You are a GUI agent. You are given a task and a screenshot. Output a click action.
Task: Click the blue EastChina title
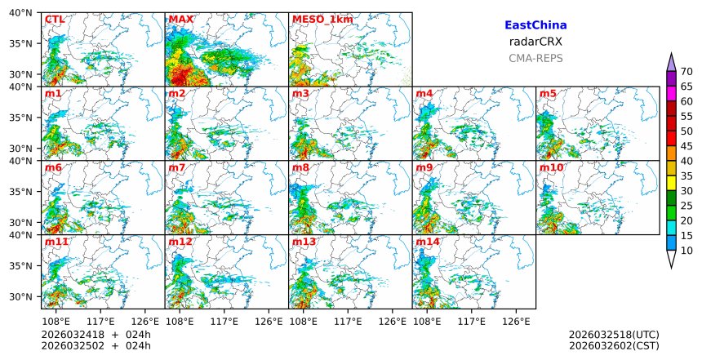[x=535, y=25]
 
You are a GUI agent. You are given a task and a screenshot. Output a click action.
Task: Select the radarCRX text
[x=535, y=42]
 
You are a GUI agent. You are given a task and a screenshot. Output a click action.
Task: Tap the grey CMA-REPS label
[x=535, y=58]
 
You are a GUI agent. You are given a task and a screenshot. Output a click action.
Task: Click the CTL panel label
[x=55, y=20]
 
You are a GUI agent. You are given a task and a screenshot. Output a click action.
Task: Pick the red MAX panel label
[x=180, y=20]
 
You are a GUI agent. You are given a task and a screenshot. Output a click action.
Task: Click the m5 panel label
[x=548, y=94]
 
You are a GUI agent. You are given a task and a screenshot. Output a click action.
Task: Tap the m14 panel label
[x=428, y=242]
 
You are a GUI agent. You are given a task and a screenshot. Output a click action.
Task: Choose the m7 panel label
[x=177, y=168]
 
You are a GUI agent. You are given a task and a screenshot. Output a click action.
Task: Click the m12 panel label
[x=180, y=242]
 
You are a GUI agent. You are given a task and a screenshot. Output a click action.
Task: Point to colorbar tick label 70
[x=686, y=72]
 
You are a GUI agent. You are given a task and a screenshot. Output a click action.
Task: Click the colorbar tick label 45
[x=686, y=146]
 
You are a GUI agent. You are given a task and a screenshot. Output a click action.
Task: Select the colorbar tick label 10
[x=686, y=251]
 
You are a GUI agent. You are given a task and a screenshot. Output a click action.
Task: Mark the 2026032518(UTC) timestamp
[x=614, y=335]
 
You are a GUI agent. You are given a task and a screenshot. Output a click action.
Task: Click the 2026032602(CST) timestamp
[x=614, y=345]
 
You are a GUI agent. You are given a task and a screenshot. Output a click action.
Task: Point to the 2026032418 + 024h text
[x=96, y=335]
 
